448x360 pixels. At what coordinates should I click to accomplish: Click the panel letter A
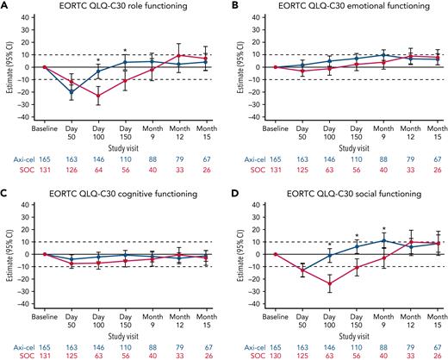pos(5,6)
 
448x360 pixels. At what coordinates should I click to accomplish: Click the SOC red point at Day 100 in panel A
pos(99,96)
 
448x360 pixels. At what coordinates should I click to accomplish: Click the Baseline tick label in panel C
pos(43,315)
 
